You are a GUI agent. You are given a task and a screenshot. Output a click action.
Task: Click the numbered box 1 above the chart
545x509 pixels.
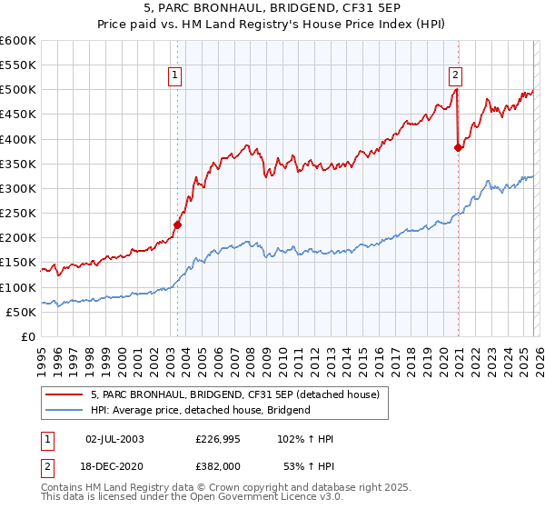pyautogui.click(x=173, y=76)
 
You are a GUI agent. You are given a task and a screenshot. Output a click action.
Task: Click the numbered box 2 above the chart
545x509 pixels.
pyautogui.click(x=455, y=76)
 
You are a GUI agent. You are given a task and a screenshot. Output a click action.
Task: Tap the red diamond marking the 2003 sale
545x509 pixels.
pyautogui.click(x=178, y=225)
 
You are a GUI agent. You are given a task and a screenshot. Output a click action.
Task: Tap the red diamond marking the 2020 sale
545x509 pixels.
pyautogui.click(x=459, y=148)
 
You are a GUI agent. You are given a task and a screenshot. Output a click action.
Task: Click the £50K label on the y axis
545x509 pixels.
pyautogui.click(x=22, y=313)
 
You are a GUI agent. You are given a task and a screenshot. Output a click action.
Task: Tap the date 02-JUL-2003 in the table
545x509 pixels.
pyautogui.click(x=114, y=439)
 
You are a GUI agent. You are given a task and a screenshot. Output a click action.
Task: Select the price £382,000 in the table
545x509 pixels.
pyautogui.click(x=224, y=466)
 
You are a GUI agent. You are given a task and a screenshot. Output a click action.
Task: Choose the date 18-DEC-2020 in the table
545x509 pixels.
pyautogui.click(x=114, y=466)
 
